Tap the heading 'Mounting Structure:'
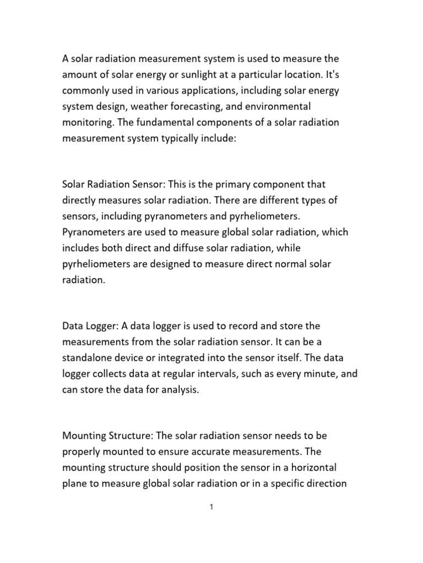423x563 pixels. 108,436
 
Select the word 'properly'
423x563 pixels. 80,452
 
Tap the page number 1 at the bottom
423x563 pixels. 211,507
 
